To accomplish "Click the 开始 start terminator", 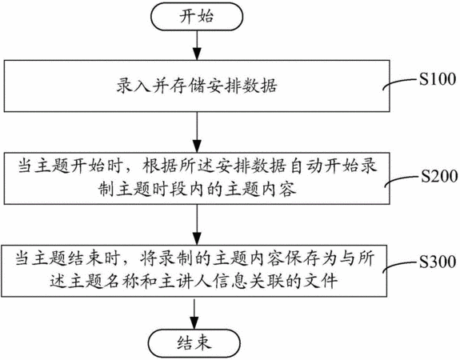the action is (x=197, y=17).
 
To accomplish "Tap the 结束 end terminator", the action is (x=194, y=343).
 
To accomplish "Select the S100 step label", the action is (x=438, y=79).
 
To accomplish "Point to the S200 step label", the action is (x=439, y=176).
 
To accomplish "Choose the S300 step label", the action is (x=438, y=262).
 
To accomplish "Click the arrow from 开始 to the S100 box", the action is (x=197, y=45).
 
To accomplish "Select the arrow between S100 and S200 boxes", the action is (x=197, y=132).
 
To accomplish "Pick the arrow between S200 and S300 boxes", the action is (x=197, y=225).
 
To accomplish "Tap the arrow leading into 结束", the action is (x=194, y=313).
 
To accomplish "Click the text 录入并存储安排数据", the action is (x=197, y=86).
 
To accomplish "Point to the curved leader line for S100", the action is (x=401, y=82).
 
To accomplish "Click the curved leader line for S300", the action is (x=400, y=266).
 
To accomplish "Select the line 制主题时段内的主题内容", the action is (x=197, y=190).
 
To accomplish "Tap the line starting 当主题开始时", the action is (x=197, y=166).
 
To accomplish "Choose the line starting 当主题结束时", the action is (x=194, y=258).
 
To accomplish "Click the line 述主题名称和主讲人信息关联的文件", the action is (x=194, y=282).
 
